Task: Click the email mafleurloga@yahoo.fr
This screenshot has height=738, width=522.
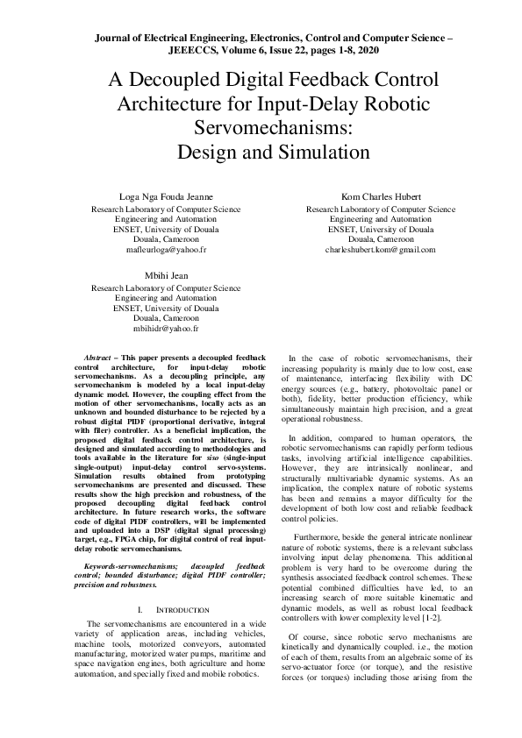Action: click(166, 250)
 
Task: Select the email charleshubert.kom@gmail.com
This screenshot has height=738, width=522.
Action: click(380, 250)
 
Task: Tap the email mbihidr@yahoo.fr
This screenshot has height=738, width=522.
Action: click(166, 329)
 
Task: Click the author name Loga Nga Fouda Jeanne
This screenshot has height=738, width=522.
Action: click(166, 196)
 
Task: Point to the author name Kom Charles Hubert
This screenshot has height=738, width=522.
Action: click(380, 196)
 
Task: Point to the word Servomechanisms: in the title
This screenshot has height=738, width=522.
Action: click(261, 128)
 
